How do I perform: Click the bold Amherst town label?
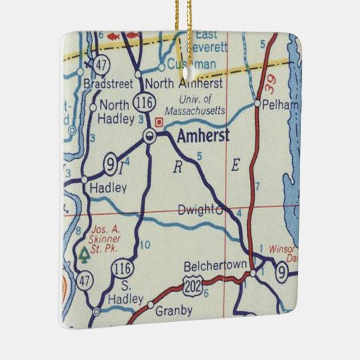pyautogui.click(x=202, y=137)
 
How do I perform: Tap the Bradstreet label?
pyautogui.click(x=107, y=85)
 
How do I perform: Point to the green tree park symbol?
pyautogui.click(x=84, y=255)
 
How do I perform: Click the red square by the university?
pyautogui.click(x=160, y=123)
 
